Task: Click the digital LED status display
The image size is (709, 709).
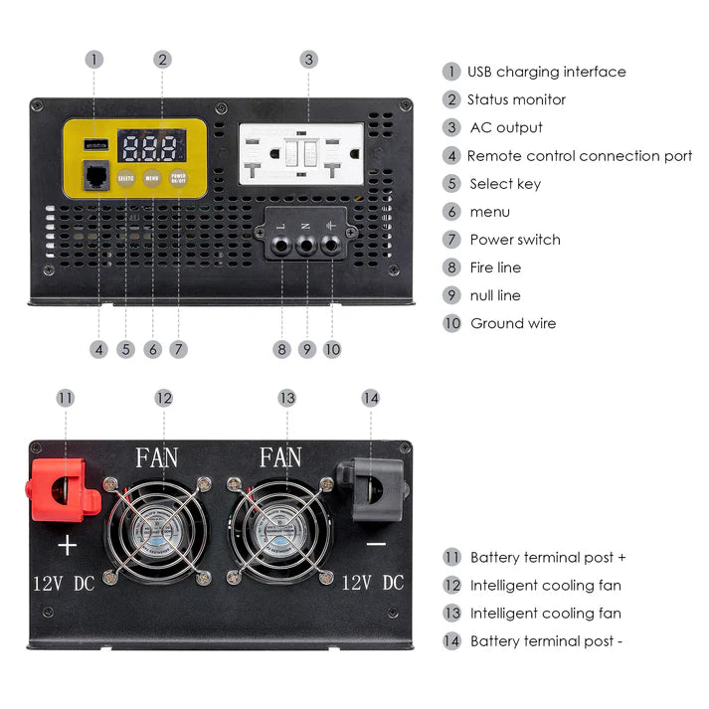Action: tap(151, 148)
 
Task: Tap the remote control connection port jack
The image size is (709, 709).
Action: tap(97, 176)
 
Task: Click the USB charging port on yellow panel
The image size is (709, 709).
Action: tap(96, 144)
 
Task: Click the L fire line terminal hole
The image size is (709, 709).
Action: tap(281, 245)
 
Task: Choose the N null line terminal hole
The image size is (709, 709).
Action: tap(306, 245)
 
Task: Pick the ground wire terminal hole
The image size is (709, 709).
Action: tap(331, 245)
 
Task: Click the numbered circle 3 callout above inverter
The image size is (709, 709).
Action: tap(308, 60)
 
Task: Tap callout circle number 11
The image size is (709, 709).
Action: tap(66, 398)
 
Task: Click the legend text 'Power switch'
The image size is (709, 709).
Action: tap(514, 240)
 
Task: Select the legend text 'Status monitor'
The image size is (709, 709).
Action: tap(516, 99)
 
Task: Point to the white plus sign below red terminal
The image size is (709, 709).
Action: tap(67, 545)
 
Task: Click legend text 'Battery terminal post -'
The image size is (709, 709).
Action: tap(546, 641)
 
